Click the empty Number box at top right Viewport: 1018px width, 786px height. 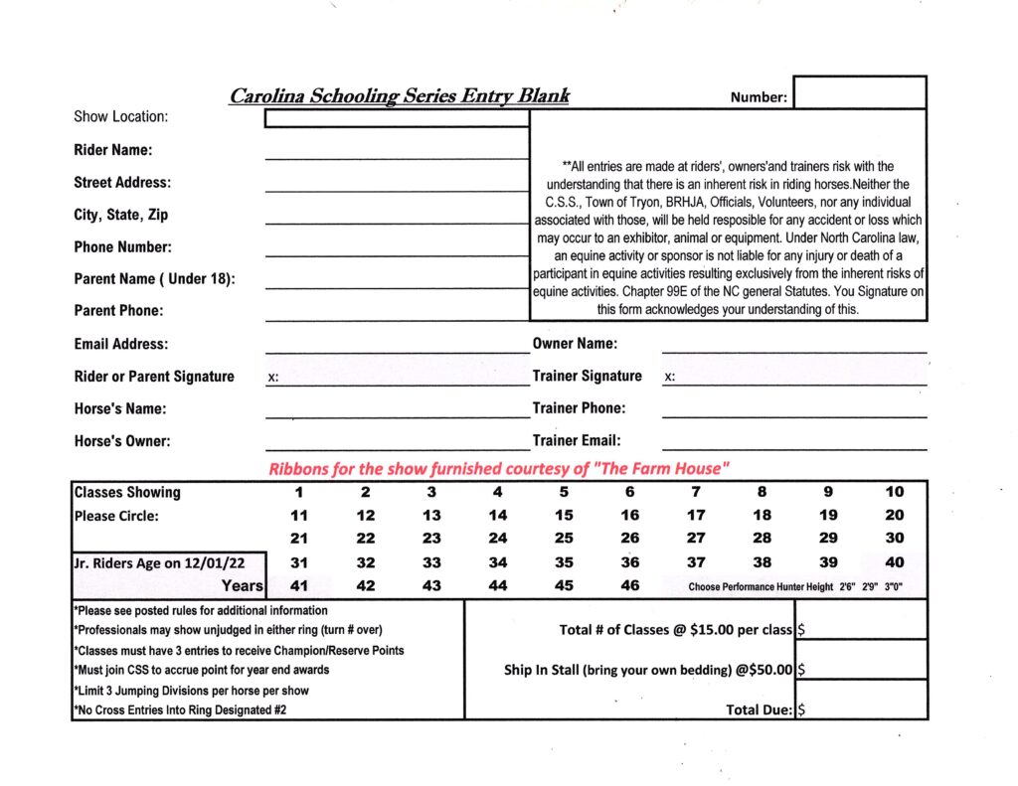tap(860, 92)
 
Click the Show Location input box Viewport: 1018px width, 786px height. tap(397, 119)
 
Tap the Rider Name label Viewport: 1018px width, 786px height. tap(112, 150)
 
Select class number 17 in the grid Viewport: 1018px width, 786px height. tap(696, 515)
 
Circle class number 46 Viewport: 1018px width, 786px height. tap(629, 585)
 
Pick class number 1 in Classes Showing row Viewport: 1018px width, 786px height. tap(298, 492)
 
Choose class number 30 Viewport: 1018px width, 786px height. tap(894, 539)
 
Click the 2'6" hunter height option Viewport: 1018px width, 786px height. tap(847, 587)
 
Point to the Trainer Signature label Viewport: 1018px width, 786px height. tap(587, 376)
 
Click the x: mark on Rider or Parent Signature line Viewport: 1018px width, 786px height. tap(273, 378)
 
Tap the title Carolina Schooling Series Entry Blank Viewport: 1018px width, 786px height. tap(400, 96)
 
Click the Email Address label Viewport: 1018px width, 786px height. tap(120, 344)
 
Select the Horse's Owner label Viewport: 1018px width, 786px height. tap(121, 440)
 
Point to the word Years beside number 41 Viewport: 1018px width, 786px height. tap(243, 586)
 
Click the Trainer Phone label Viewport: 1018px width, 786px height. tap(579, 408)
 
